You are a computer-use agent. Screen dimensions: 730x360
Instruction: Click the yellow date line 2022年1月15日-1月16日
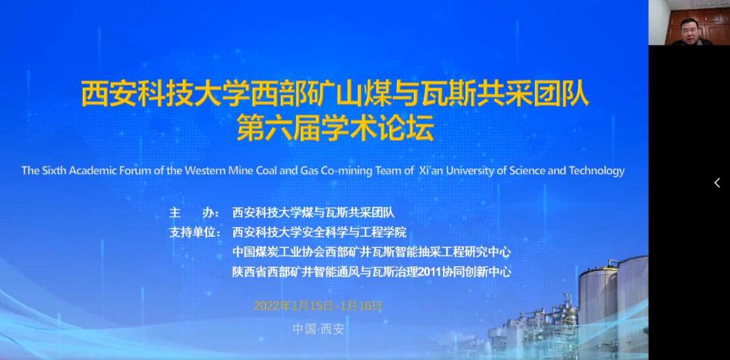click(318, 306)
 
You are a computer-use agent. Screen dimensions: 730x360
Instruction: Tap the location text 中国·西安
click(318, 329)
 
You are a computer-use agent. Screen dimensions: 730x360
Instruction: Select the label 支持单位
click(195, 232)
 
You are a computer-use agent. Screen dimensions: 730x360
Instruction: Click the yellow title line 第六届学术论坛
click(335, 128)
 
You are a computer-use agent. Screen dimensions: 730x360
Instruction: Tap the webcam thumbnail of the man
click(689, 23)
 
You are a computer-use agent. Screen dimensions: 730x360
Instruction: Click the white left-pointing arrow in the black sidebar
click(717, 183)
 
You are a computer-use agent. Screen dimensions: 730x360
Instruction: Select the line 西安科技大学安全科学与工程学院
click(319, 232)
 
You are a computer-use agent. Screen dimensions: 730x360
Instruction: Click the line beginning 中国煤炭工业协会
click(371, 252)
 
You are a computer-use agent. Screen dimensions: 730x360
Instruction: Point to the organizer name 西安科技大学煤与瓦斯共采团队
click(313, 213)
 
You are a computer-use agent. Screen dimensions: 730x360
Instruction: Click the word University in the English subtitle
click(468, 171)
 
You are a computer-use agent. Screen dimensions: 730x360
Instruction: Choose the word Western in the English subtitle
click(205, 171)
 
